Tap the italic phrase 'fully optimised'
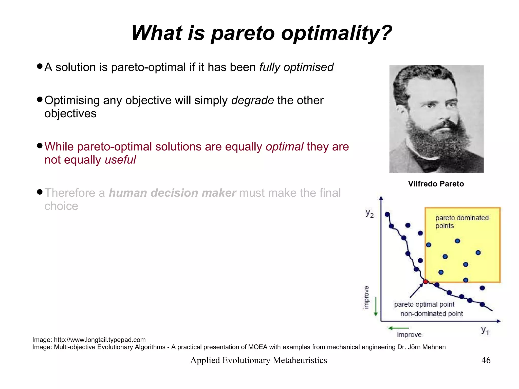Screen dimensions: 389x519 [x=296, y=67]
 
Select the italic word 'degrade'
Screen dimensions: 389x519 [x=252, y=100]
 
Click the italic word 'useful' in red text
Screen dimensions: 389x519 [x=120, y=160]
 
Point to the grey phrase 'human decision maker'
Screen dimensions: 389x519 [x=172, y=193]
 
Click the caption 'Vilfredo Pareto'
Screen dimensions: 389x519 [x=436, y=184]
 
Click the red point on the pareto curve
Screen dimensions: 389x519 [x=425, y=282]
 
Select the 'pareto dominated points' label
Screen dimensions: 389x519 [x=462, y=221]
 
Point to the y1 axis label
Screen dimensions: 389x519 [x=485, y=330]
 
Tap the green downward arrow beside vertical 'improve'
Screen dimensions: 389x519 [x=376, y=307]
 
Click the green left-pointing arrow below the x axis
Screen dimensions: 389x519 [x=398, y=328]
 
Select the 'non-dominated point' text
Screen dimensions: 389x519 [x=432, y=314]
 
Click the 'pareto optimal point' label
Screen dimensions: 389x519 [x=424, y=304]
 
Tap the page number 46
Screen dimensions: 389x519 [x=486, y=360]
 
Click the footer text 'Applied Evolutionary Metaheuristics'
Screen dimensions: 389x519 [x=258, y=360]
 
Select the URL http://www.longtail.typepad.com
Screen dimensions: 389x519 [x=100, y=340]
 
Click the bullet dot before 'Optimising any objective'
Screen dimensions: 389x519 [x=40, y=99]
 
